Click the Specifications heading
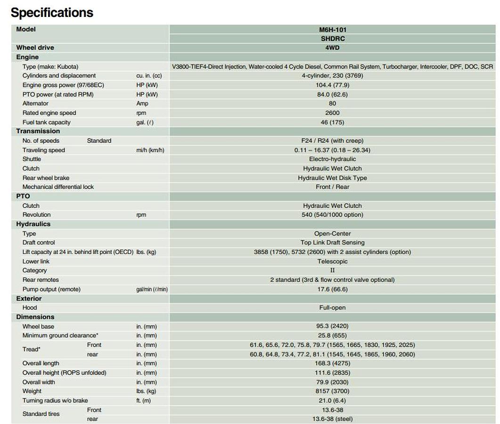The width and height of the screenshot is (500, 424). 52,12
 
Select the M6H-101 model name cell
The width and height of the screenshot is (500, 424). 332,30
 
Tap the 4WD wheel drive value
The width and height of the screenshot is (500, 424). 332,48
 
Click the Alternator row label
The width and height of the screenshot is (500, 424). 35,104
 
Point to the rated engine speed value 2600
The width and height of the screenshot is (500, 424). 332,113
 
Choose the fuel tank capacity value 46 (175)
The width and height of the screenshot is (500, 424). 332,122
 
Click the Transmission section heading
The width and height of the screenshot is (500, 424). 38,131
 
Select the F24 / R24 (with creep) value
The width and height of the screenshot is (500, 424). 332,141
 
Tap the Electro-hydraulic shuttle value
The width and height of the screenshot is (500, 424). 332,159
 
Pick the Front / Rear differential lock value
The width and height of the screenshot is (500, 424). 332,187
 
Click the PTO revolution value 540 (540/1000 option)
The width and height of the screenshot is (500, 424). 332,215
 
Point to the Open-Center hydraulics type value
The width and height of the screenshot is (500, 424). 332,234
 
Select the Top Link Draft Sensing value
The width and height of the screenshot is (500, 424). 332,243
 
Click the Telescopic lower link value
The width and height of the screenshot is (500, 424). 332,261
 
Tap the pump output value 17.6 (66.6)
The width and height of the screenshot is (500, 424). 332,289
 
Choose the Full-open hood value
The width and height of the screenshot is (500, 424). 332,308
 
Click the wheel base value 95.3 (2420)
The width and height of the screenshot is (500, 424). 332,326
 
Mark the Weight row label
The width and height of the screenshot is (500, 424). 32,391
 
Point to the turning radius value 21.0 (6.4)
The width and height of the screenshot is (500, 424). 332,401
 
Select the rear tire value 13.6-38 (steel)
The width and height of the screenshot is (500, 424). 332,419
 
